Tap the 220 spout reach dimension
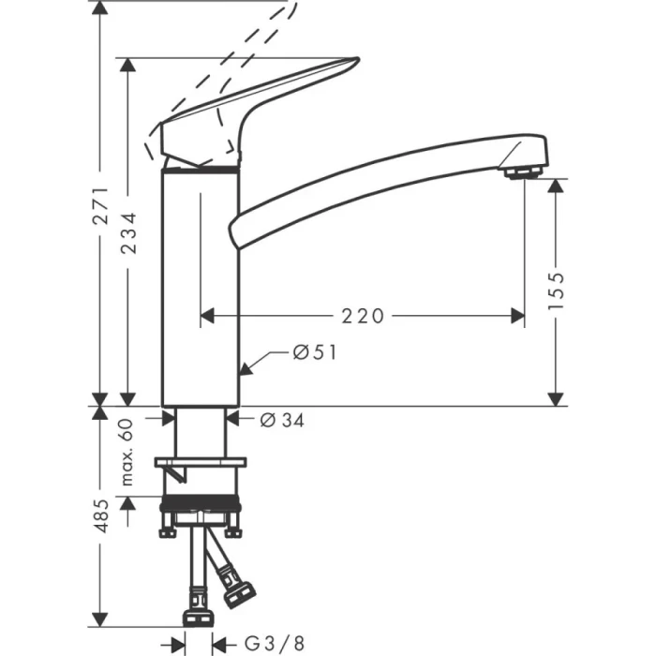click(363, 316)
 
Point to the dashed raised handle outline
click(234, 56)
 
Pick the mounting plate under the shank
click(201, 462)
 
